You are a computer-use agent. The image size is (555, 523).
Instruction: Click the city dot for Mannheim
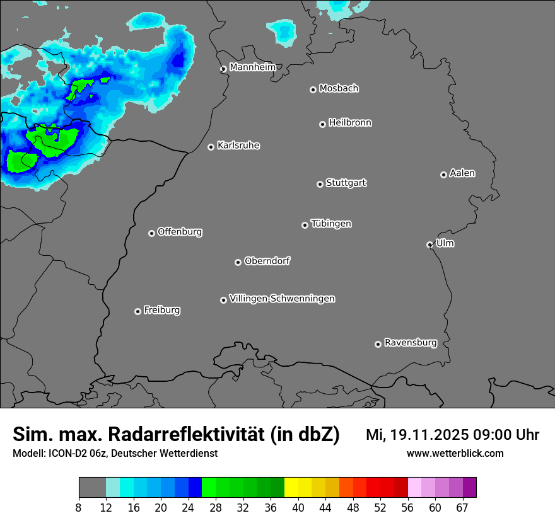pyautogui.click(x=223, y=69)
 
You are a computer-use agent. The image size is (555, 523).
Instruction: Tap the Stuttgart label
pyautogui.click(x=346, y=183)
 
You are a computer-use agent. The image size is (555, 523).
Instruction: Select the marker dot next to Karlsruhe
pyautogui.click(x=211, y=147)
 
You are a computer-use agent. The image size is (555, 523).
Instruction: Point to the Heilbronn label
pyautogui.click(x=350, y=122)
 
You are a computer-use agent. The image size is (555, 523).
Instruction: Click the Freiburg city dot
pyautogui.click(x=137, y=311)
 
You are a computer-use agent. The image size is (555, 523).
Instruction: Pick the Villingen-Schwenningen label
pyautogui.click(x=282, y=299)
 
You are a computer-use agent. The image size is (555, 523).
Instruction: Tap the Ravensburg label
pyautogui.click(x=411, y=343)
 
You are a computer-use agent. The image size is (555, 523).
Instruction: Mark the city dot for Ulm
pyautogui.click(x=429, y=244)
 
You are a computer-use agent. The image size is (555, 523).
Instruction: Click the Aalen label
pyautogui.click(x=462, y=173)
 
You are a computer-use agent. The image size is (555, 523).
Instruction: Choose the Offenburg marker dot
pyautogui.click(x=151, y=233)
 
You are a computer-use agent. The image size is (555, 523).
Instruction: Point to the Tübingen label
pyautogui.click(x=331, y=224)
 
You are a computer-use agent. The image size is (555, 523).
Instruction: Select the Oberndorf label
pyautogui.click(x=267, y=261)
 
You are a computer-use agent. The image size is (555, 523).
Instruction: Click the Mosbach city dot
pyautogui.click(x=313, y=89)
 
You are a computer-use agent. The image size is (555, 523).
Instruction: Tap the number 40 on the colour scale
pyautogui.click(x=298, y=508)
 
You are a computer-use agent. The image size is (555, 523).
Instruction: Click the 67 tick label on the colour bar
pyautogui.click(x=462, y=508)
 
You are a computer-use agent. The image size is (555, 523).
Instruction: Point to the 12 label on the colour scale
pyautogui.click(x=106, y=508)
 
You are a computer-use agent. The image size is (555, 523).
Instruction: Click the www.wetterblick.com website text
pyautogui.click(x=455, y=453)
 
